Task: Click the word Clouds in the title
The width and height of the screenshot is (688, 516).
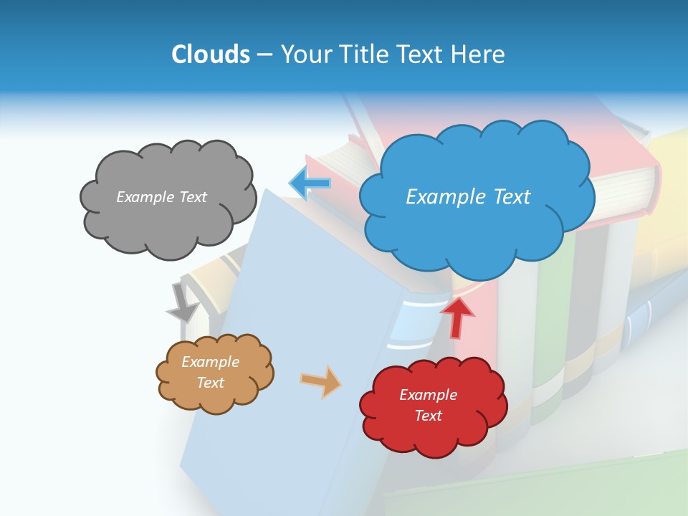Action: coord(211,54)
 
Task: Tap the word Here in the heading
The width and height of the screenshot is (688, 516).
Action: coord(479,54)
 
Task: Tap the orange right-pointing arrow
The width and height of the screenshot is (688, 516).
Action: coord(321,381)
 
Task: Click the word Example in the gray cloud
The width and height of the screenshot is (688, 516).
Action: coord(145,197)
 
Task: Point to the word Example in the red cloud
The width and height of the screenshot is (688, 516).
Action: coord(428,395)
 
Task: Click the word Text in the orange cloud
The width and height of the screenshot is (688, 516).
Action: coord(210,383)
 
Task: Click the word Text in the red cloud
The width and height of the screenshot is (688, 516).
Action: coord(428,416)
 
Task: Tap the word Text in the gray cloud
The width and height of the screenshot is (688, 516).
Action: coord(191,197)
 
